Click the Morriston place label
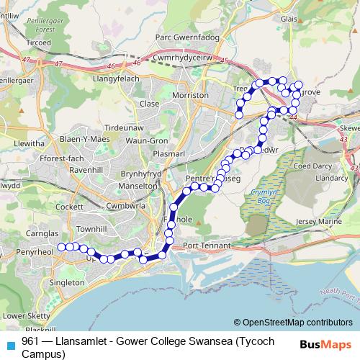[190, 94]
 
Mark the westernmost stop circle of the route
[61, 247]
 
